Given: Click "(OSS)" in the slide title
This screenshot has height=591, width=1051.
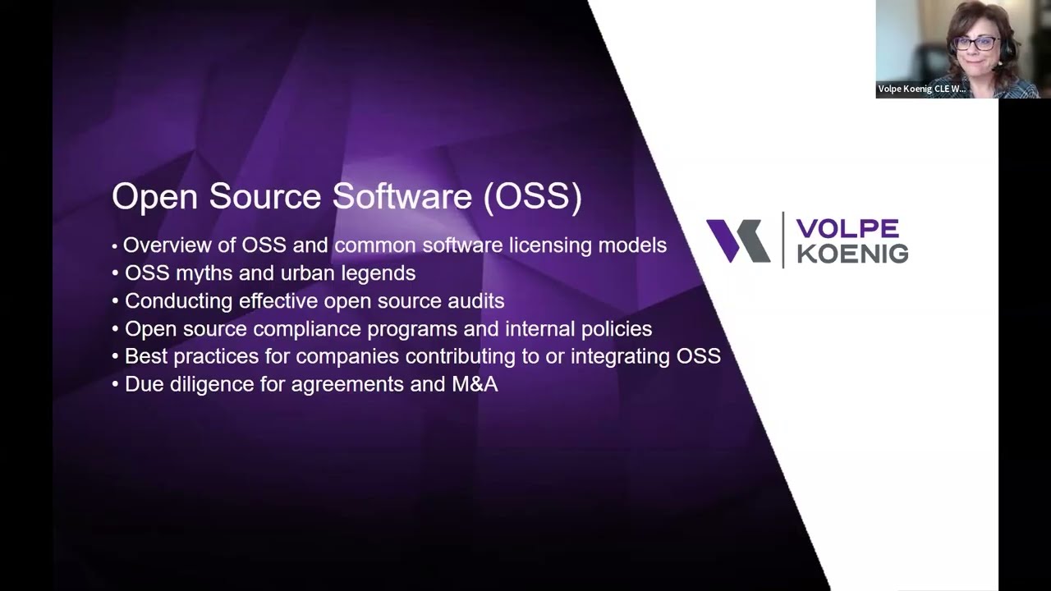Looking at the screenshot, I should click(x=532, y=198).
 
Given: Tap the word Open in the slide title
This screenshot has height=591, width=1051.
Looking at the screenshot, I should click(x=156, y=198).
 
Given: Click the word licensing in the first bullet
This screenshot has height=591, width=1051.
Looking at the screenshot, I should click(x=550, y=245).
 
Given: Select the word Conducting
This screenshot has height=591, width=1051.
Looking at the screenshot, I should click(x=179, y=301).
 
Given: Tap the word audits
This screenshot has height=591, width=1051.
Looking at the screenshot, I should click(x=475, y=301).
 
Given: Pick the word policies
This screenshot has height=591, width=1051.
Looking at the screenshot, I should click(x=614, y=329).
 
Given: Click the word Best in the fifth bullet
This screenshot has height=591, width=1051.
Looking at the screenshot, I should click(x=145, y=356).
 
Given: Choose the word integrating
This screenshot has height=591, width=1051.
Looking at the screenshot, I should click(x=621, y=356).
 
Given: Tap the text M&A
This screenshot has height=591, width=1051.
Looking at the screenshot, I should click(x=475, y=384).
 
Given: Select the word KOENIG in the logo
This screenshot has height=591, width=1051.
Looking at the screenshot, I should click(x=852, y=254).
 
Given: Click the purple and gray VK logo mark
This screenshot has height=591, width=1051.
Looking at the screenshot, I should click(x=738, y=241).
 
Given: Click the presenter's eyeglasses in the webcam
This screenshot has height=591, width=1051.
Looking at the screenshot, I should click(x=975, y=44).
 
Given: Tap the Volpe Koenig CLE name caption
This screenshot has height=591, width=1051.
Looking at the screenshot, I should click(x=921, y=89).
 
